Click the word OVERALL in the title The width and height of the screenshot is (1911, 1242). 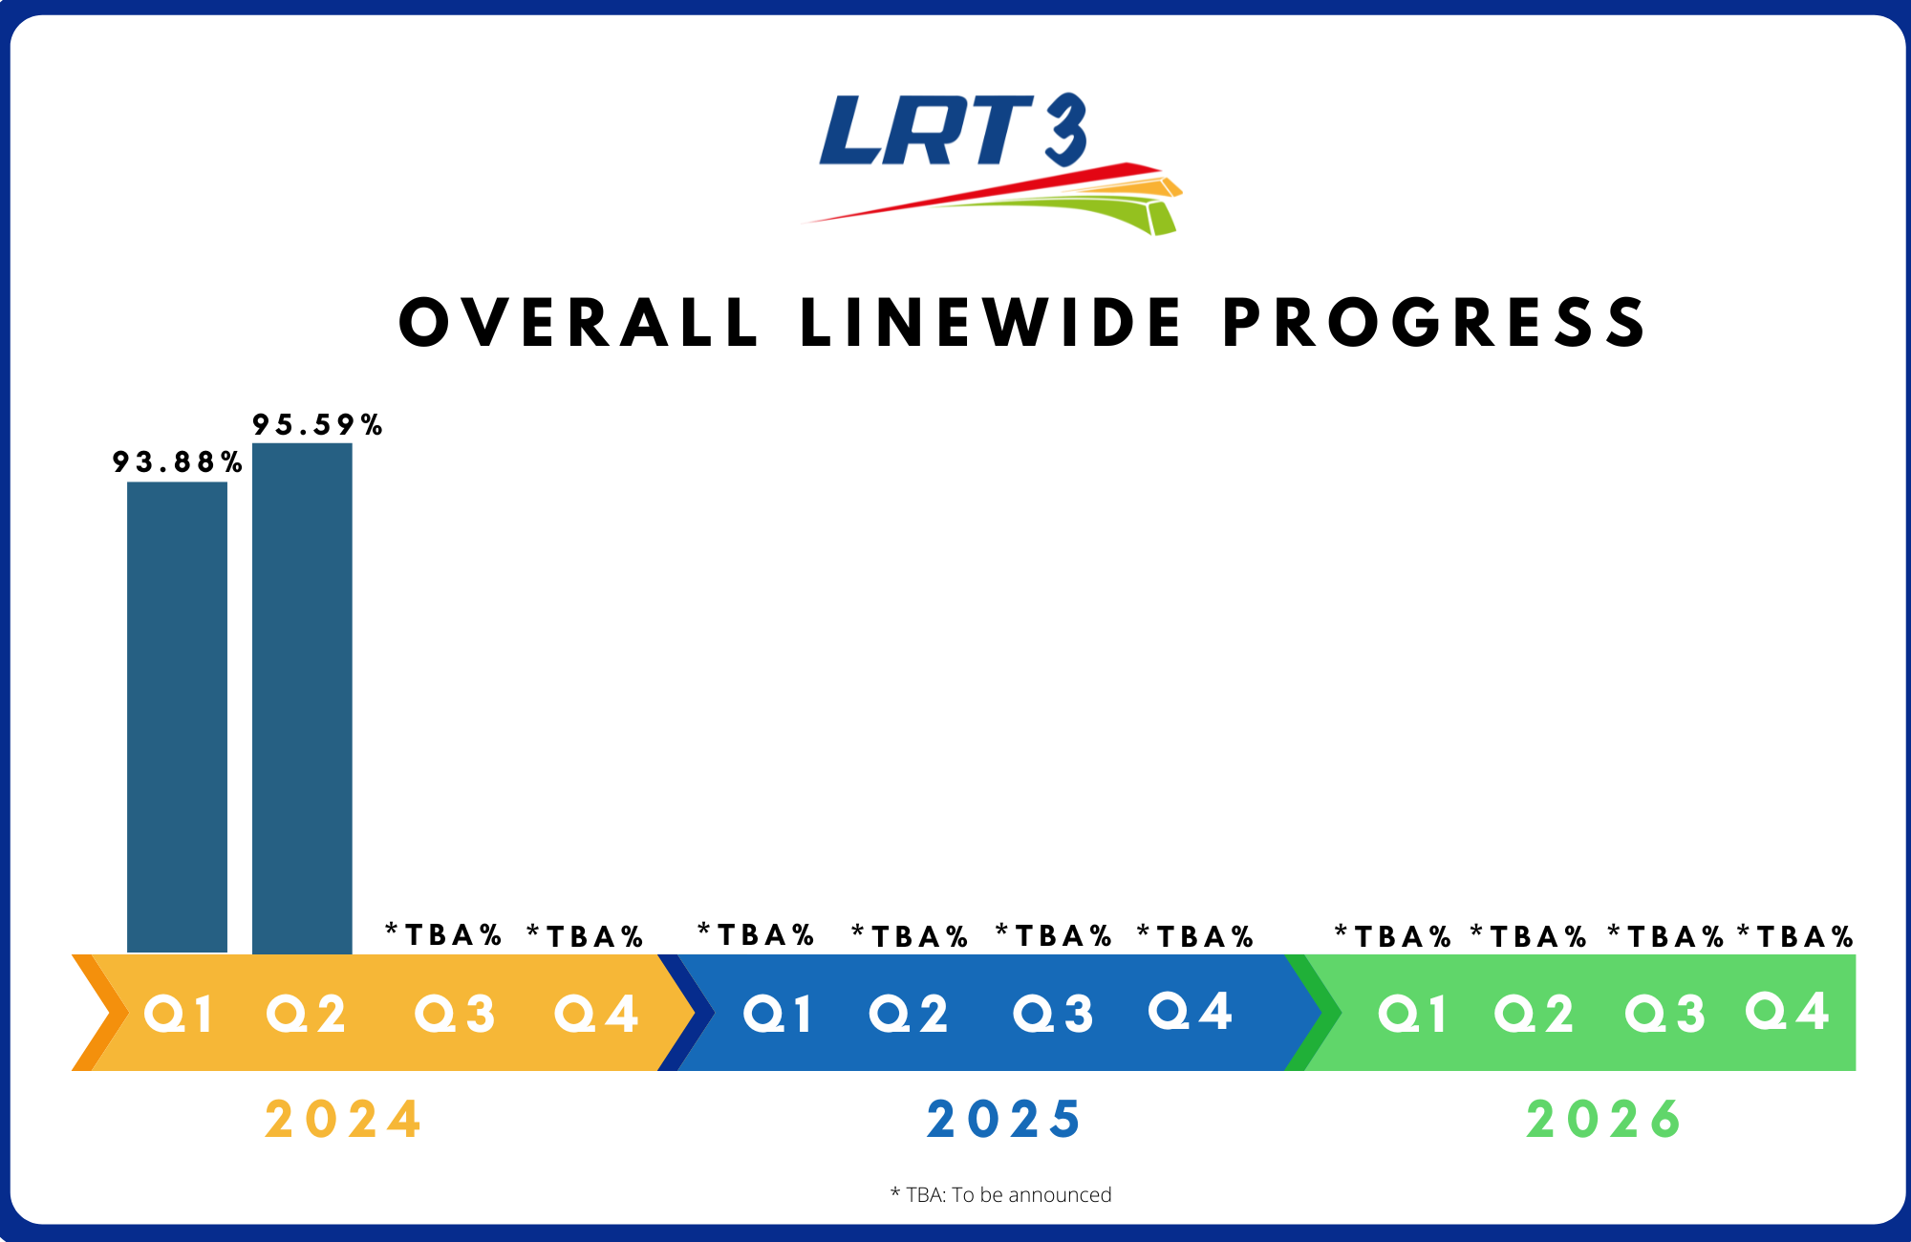coord(579,322)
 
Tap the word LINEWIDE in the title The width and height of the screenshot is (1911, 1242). coord(991,322)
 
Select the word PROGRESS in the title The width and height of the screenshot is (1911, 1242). coord(1434,322)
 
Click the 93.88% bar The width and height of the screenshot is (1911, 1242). coord(177,717)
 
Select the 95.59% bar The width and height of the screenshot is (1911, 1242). coord(302,698)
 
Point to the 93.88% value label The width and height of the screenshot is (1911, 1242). coord(177,462)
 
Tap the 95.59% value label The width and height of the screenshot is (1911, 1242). coord(317,424)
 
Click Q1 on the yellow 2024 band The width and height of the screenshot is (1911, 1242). coord(178,1014)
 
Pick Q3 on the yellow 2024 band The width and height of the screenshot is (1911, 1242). coord(455,1014)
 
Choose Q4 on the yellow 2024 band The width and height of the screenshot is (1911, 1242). coord(596,1014)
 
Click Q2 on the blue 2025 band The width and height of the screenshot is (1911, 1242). coord(909,1014)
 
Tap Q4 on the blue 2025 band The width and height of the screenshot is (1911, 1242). coord(1191,1011)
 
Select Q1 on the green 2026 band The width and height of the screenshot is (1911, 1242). coord(1412,1014)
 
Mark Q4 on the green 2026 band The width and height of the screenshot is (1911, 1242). coord(1788,1011)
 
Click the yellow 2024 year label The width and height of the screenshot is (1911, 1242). coord(343,1120)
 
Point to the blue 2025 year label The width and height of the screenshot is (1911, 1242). coord(1003,1120)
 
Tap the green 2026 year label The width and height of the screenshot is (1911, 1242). coord(1603,1120)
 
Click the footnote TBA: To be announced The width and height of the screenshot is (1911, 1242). coord(1001,1195)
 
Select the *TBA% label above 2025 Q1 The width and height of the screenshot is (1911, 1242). coord(756,934)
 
